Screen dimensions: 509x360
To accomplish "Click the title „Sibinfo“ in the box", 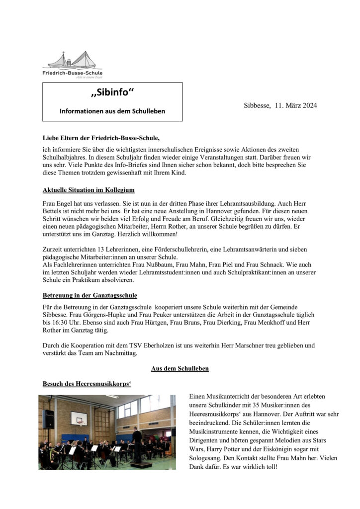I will pyautogui.click(x=112, y=93).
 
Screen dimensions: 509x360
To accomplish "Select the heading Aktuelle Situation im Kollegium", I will pyautogui.click(x=89, y=190).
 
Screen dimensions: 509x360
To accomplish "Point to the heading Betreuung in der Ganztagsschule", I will pyautogui.click(x=90, y=296).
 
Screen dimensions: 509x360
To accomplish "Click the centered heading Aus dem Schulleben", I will pyautogui.click(x=180, y=368).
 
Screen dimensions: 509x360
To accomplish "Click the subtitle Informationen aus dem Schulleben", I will pyautogui.click(x=112, y=111).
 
